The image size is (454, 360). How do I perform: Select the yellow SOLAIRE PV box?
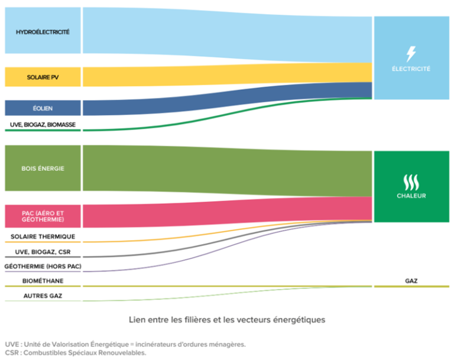pyautogui.click(x=43, y=77)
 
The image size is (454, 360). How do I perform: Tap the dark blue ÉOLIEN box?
pyautogui.click(x=43, y=108)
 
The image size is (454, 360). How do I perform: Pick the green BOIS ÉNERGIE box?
pyautogui.click(x=43, y=168)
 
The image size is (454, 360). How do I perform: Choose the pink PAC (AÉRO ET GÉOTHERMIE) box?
pyautogui.click(x=43, y=216)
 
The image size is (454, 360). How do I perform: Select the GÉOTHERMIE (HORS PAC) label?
pyautogui.click(x=43, y=267)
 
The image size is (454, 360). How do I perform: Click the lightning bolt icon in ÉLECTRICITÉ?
pyautogui.click(x=411, y=54)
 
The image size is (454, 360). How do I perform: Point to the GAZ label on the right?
pyautogui.click(x=411, y=281)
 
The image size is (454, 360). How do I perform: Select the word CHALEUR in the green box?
pyautogui.click(x=411, y=196)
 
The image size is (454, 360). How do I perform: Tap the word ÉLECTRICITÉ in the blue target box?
pyautogui.click(x=411, y=69)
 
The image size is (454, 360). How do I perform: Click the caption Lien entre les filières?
pyautogui.click(x=227, y=320)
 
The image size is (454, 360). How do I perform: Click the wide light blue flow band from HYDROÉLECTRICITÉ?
pyautogui.click(x=225, y=35)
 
